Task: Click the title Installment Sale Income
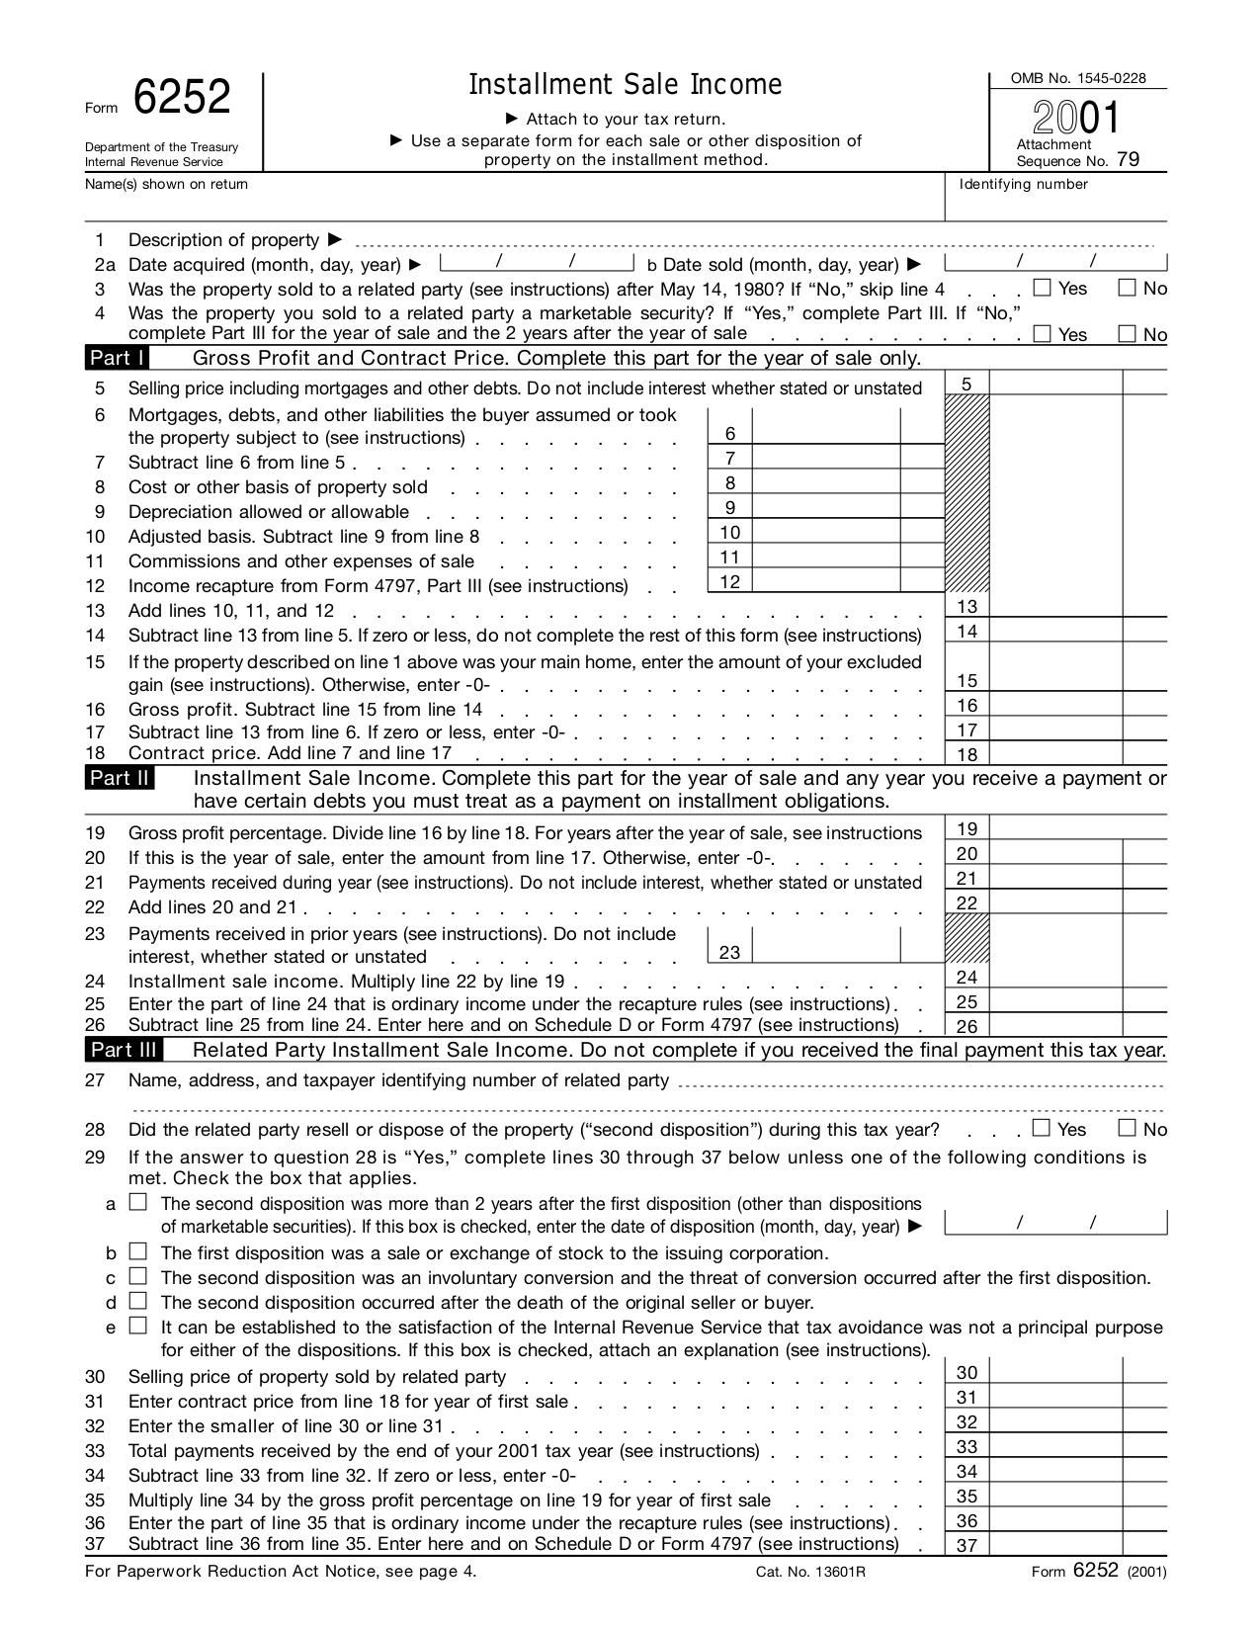tap(625, 85)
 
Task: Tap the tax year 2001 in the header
tap(1077, 119)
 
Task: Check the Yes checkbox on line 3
tap(1042, 288)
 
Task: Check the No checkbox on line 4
tap(1127, 333)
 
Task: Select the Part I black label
tap(118, 358)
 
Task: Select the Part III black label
tap(124, 1050)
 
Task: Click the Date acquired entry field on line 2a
tap(536, 262)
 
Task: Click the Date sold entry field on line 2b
tap(1055, 262)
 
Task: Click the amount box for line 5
tap(1054, 384)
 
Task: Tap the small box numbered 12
tap(730, 581)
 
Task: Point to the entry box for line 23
tap(825, 946)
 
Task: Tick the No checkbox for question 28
tap(1127, 1128)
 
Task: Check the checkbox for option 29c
tap(138, 1276)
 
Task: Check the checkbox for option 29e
tap(138, 1326)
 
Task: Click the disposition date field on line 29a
tap(1055, 1223)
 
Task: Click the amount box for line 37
tap(1054, 1544)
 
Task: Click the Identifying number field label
tap(1023, 184)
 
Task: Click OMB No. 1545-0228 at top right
tap(1077, 78)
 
